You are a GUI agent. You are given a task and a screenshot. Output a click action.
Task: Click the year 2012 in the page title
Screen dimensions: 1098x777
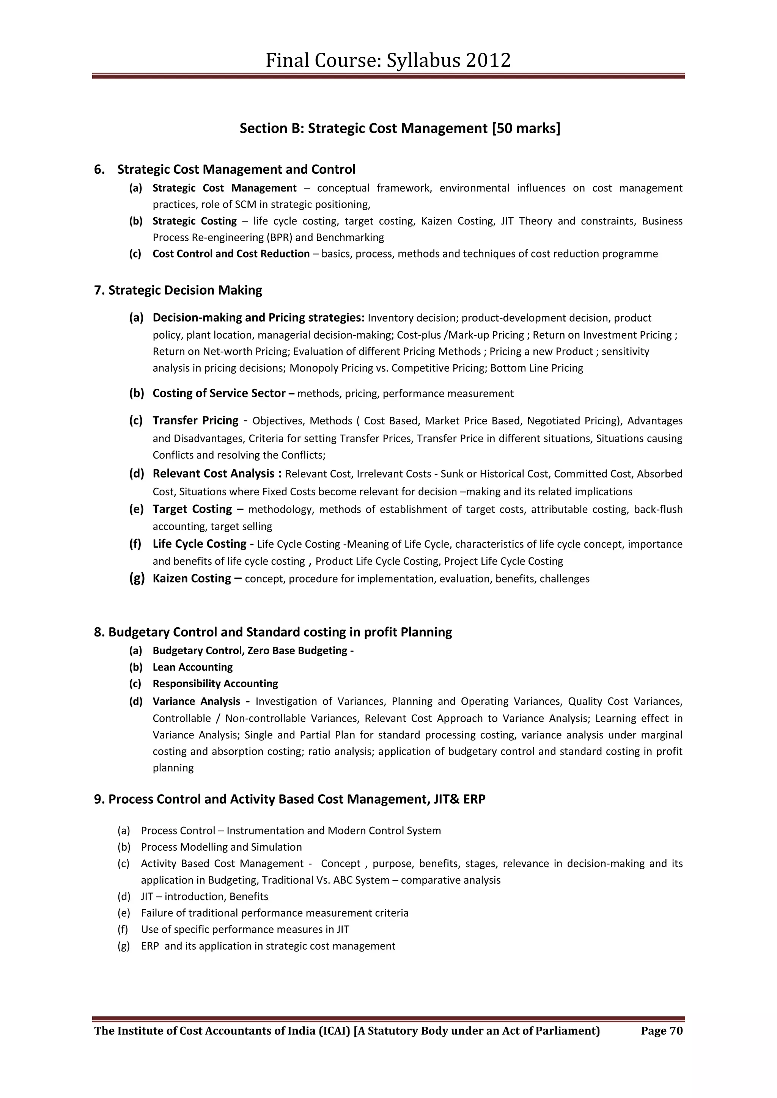tap(488, 61)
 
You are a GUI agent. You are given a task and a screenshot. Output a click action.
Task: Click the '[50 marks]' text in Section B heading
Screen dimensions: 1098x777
tap(525, 128)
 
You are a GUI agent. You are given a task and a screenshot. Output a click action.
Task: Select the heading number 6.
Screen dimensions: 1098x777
tap(99, 169)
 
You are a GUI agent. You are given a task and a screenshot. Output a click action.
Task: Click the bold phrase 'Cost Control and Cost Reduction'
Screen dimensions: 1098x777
tap(231, 254)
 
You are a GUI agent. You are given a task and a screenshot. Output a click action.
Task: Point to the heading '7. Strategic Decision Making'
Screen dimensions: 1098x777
tap(178, 290)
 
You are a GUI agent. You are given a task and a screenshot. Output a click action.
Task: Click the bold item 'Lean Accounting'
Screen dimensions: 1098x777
tap(192, 667)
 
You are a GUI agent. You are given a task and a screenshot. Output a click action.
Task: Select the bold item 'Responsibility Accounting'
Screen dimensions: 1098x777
tap(215, 684)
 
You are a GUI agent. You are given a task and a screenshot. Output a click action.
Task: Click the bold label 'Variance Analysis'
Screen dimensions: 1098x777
tap(196, 702)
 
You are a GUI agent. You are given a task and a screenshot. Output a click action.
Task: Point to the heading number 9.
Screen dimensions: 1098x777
tap(99, 799)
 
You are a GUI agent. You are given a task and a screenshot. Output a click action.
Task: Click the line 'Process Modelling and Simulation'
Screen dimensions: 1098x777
tap(221, 847)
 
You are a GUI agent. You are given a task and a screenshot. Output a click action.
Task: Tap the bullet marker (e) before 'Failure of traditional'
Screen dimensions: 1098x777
tap(123, 913)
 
